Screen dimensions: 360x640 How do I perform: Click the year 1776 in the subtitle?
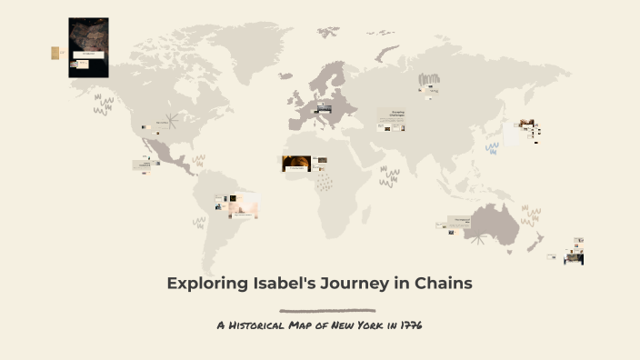410,325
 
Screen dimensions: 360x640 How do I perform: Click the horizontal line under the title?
327,310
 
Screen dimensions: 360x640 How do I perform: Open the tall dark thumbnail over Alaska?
88,47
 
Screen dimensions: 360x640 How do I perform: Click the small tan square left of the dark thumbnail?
55,53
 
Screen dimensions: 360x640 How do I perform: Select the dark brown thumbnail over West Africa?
295,164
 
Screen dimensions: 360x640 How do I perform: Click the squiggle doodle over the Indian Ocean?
389,175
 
